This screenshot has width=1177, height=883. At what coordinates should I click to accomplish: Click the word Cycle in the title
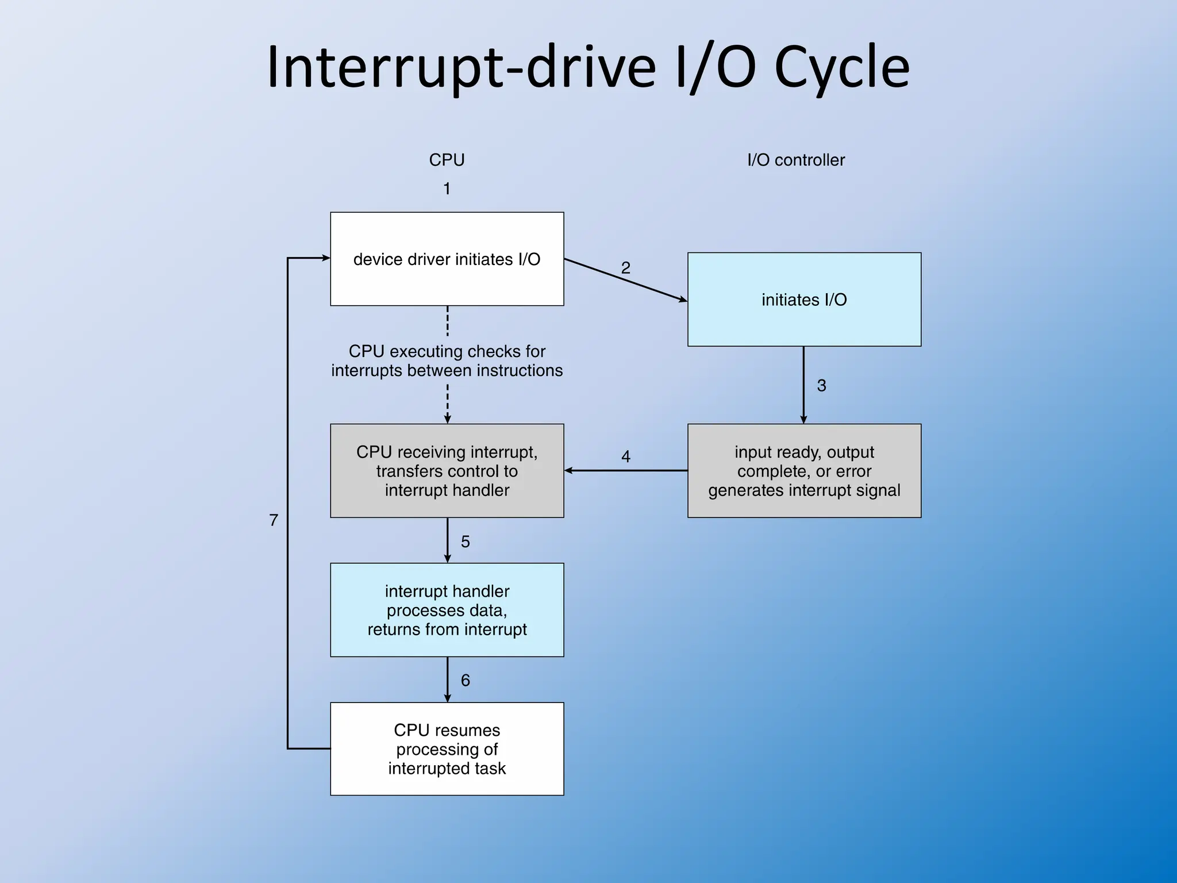tap(841, 68)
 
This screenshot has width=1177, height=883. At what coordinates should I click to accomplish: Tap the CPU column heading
tap(447, 160)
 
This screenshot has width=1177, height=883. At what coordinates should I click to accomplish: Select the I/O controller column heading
tap(796, 160)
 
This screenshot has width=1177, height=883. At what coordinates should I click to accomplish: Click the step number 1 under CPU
tap(447, 189)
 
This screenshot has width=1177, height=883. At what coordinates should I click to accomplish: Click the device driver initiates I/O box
tap(447, 259)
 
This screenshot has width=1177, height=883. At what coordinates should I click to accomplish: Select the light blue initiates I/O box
tap(804, 300)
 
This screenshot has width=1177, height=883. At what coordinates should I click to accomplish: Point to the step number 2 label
tap(626, 268)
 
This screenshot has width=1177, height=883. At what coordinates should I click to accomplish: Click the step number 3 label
tap(821, 386)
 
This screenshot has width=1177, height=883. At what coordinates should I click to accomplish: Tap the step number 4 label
tap(626, 456)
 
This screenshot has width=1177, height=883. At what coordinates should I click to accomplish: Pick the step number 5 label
tap(466, 542)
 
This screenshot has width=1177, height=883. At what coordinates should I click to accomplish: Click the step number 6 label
tap(466, 681)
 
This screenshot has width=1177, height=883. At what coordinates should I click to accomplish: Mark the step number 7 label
tap(274, 520)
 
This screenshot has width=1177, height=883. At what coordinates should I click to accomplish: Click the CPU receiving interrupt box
tap(447, 471)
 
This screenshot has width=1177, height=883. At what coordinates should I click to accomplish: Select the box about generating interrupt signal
tap(804, 471)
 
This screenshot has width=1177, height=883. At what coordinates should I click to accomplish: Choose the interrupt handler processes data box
tap(447, 610)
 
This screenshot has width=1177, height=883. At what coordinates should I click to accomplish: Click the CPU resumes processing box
tap(447, 749)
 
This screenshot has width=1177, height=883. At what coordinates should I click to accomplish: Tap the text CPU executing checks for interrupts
tap(447, 360)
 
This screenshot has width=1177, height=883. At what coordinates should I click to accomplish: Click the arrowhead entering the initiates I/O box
tap(683, 300)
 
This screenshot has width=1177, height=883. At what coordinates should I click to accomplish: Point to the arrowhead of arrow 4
tap(569, 470)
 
